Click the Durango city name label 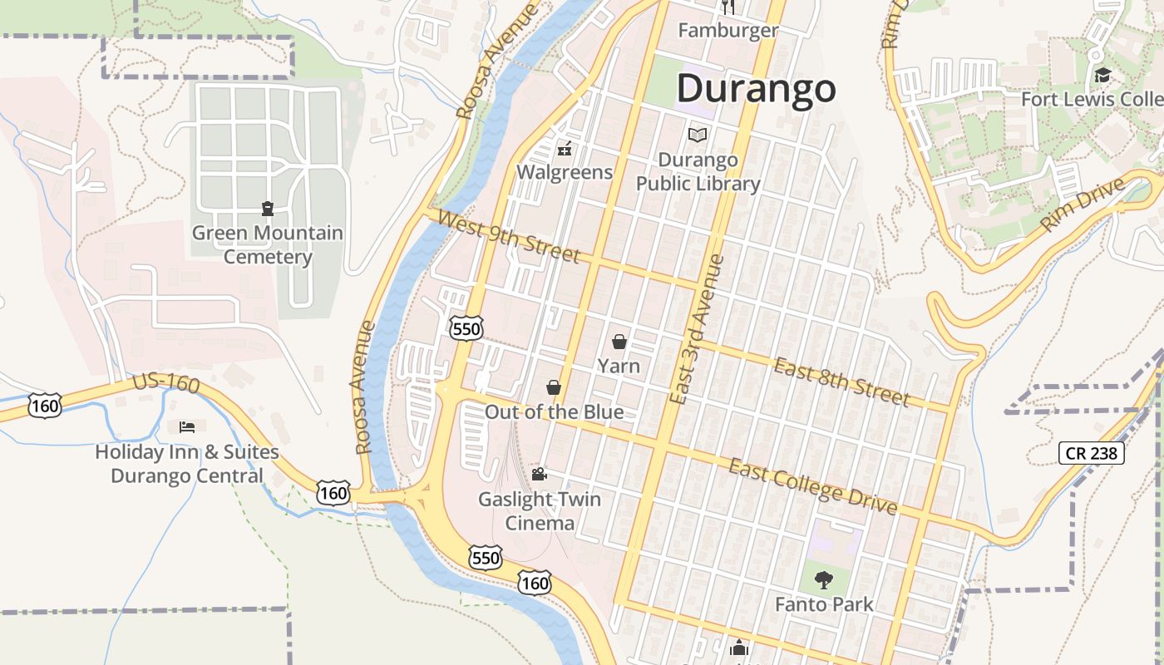(x=756, y=88)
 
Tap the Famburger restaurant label (x=728, y=31)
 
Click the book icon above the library (x=697, y=135)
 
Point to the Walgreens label (x=565, y=172)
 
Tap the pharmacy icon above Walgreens (x=565, y=150)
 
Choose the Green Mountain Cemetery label (x=268, y=244)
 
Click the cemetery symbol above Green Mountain (x=268, y=208)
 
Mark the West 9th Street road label (x=507, y=236)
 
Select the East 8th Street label (x=841, y=382)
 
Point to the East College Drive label (x=813, y=485)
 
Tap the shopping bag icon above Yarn (x=619, y=341)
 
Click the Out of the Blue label (x=554, y=411)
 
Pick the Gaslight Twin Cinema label (x=540, y=510)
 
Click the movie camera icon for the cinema (x=539, y=474)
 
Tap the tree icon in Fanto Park (x=824, y=579)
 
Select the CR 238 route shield (x=1092, y=453)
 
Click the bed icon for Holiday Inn (x=187, y=427)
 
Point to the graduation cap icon (x=1102, y=76)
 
